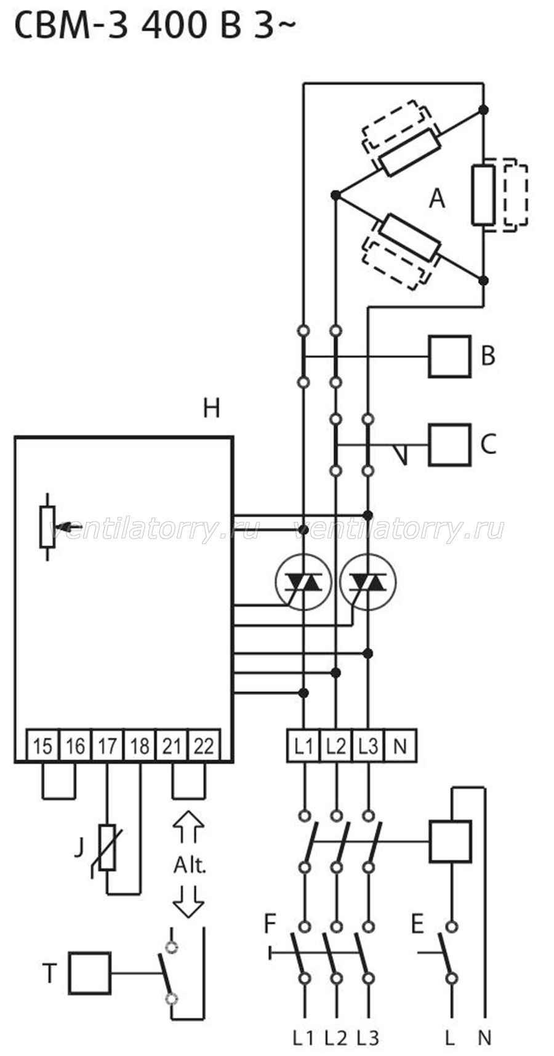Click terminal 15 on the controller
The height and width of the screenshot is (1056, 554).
[x=42, y=746]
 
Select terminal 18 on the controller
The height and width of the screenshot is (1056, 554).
[x=140, y=746]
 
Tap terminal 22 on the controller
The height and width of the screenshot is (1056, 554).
[x=204, y=746]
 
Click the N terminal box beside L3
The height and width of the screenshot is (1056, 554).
[x=400, y=746]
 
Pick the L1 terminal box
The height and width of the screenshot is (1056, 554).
[x=303, y=746]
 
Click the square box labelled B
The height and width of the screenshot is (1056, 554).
[x=449, y=356]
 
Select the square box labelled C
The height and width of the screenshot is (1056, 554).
[x=449, y=444]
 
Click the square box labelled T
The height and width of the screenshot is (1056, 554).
[x=90, y=973]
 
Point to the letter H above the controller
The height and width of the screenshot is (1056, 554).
[x=211, y=408]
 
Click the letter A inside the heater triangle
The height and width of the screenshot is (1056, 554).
[x=436, y=198]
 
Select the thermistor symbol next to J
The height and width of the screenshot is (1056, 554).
[x=107, y=847]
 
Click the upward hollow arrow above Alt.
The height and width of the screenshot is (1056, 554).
[x=188, y=826]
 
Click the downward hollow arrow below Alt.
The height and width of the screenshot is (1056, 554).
[x=188, y=902]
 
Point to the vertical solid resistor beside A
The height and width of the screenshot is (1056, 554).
[x=483, y=194]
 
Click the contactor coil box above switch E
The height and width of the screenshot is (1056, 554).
[x=450, y=841]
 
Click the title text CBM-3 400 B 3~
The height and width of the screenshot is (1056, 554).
[x=154, y=26]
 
